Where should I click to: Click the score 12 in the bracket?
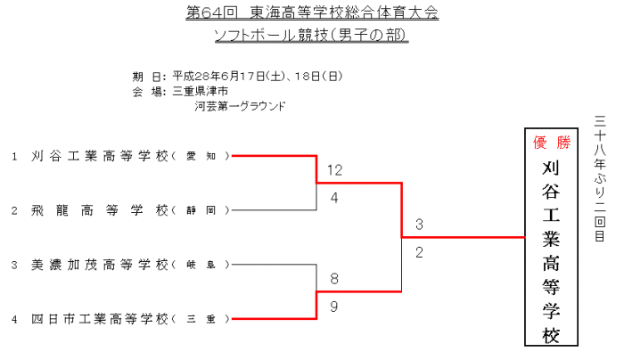pyautogui.click(x=334, y=170)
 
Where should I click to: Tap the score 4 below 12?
pyautogui.click(x=334, y=198)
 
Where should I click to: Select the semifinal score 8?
pyautogui.click(x=334, y=279)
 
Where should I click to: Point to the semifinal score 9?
pyautogui.click(x=334, y=306)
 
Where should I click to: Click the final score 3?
pyautogui.click(x=419, y=224)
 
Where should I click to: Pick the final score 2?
pyautogui.click(x=419, y=252)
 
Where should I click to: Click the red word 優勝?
pyautogui.click(x=550, y=143)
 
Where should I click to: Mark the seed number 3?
pyautogui.click(x=14, y=265)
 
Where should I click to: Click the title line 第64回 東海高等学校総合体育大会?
pyautogui.click(x=312, y=14)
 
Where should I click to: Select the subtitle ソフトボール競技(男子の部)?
pyautogui.click(x=312, y=37)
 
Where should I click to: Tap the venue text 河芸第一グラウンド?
pyautogui.click(x=241, y=106)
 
